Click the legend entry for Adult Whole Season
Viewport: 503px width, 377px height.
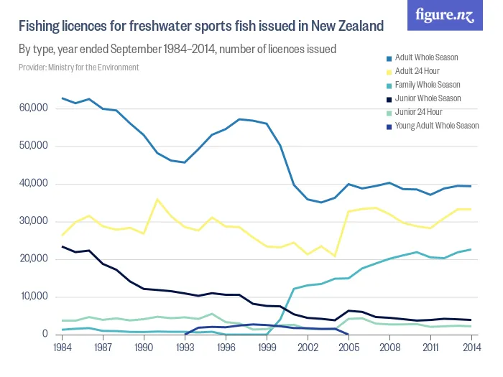[x=427, y=57]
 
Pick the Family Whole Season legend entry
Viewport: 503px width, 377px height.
[x=428, y=85]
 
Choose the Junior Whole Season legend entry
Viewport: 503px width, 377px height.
[x=428, y=98]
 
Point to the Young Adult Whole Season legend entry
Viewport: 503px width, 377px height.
[x=437, y=126]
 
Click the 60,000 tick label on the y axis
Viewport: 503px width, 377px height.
[x=33, y=108]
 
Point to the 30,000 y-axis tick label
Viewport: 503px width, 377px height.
[x=33, y=221]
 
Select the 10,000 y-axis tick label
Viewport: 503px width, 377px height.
[x=33, y=297]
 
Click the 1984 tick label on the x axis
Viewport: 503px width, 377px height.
[x=63, y=348]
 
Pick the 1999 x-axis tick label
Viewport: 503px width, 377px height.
[x=267, y=348]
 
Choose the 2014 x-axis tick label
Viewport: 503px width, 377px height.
[x=471, y=348]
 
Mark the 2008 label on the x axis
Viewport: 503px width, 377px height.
[x=389, y=348]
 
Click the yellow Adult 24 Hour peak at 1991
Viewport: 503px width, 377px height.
[x=157, y=200]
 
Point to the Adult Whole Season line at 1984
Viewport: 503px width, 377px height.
[x=63, y=98]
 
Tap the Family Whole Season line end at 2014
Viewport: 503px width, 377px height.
[x=471, y=249]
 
